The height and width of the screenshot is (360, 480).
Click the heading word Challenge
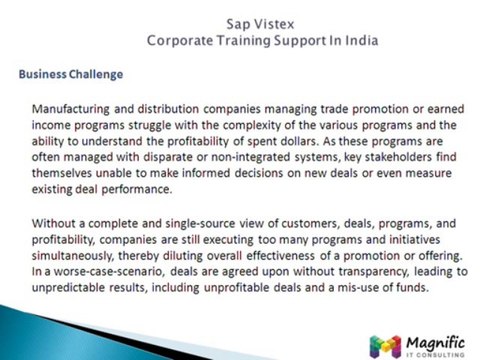point(96,74)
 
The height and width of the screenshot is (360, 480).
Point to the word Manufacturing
point(71,109)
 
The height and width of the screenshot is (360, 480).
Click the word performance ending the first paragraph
point(137,190)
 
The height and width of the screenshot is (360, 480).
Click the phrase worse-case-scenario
point(110,272)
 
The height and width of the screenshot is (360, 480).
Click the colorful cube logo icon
point(385,347)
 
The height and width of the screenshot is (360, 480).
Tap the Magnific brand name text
point(435,342)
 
